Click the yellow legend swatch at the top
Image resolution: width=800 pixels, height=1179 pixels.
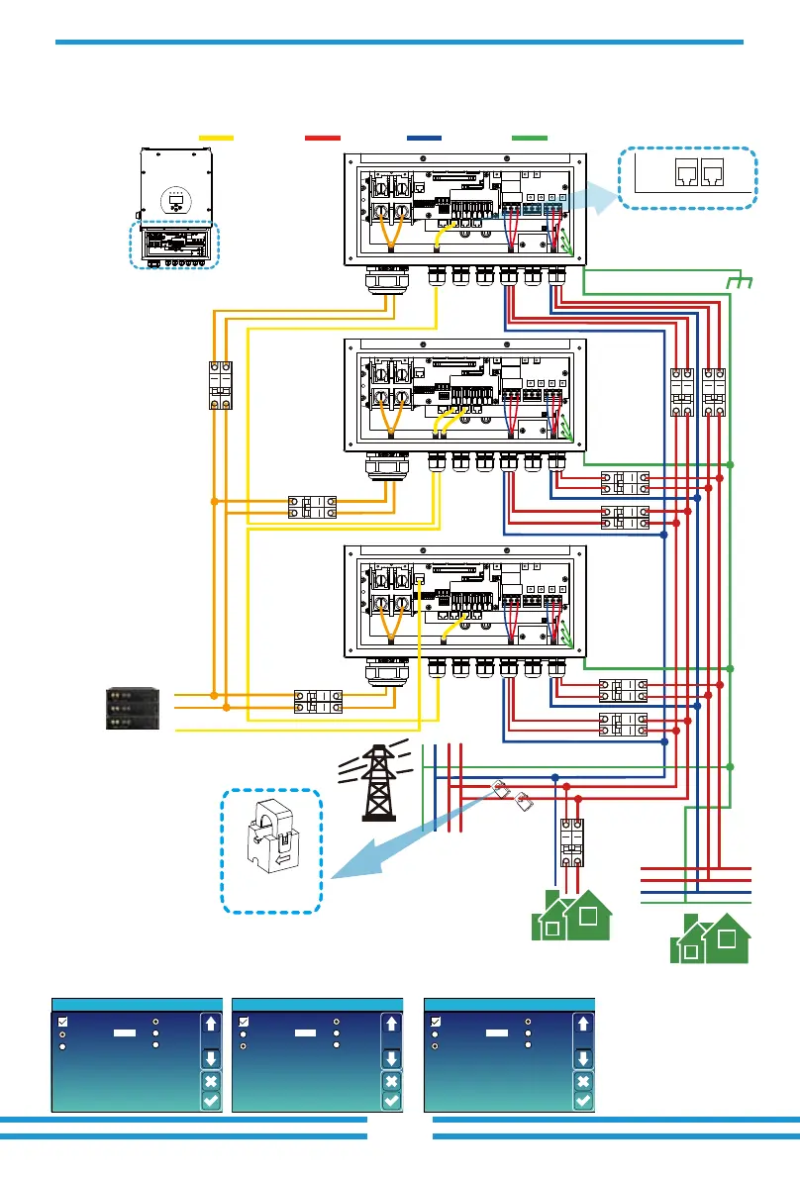(216, 139)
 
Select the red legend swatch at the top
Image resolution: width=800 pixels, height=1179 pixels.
(323, 139)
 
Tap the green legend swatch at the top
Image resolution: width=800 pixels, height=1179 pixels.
(530, 139)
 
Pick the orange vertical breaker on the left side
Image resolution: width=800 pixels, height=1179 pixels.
(220, 385)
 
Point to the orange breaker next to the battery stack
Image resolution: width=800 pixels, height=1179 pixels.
(317, 702)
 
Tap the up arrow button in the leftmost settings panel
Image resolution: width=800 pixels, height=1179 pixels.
(210, 1024)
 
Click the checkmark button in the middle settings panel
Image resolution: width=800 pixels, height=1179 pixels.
(392, 1099)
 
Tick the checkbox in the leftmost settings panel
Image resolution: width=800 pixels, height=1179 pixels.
(63, 1022)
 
